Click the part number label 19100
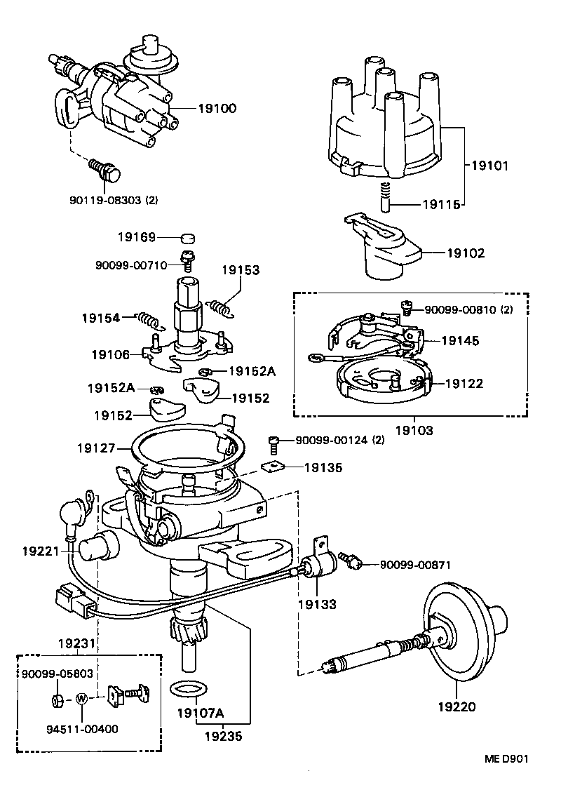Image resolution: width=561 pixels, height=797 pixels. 217,109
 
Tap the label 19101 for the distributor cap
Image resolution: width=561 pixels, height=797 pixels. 489,166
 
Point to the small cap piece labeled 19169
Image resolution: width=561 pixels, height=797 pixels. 187,238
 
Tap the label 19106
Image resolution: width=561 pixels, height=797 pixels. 110,355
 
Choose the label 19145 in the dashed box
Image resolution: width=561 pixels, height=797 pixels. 461,341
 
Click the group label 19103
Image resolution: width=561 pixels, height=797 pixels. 414,430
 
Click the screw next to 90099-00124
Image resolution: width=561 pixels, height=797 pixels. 275,443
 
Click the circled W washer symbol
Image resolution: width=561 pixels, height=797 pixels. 82,699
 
